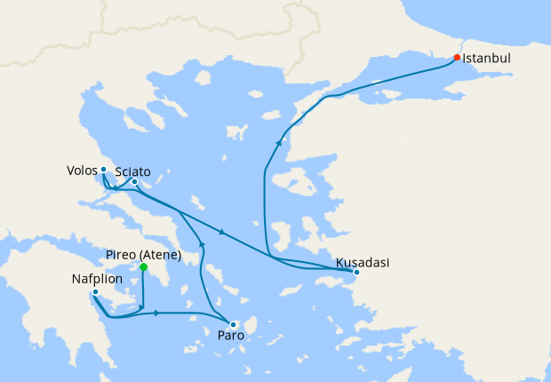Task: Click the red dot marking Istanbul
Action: click(457, 58)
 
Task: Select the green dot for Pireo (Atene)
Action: click(143, 267)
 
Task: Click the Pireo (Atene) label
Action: click(144, 255)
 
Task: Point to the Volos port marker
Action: click(103, 169)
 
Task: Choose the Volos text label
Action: click(81, 170)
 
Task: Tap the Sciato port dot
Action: click(134, 182)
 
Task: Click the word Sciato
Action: click(132, 171)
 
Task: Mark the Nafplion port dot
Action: click(95, 291)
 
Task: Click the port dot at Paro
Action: click(233, 324)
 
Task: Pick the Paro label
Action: click(229, 337)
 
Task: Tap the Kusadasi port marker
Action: click(355, 272)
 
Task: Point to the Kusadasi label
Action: click(363, 262)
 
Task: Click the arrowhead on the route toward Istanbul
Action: click(279, 141)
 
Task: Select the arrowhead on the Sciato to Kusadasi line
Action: click(221, 234)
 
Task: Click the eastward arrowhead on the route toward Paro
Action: click(156, 313)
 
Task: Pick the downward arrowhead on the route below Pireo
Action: click(143, 306)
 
